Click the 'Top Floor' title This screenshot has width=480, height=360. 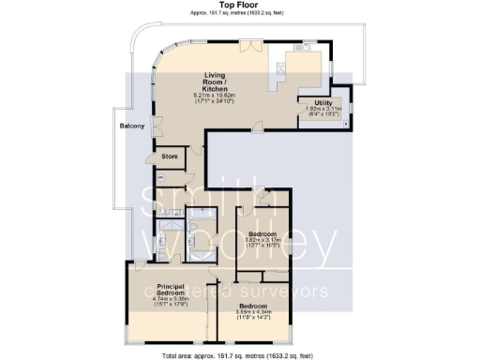pyautogui.click(x=240, y=5)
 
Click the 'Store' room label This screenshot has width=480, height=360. pyautogui.click(x=170, y=156)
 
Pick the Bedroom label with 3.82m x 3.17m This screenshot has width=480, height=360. pyautogui.click(x=262, y=232)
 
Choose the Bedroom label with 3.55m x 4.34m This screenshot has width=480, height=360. pyautogui.click(x=251, y=307)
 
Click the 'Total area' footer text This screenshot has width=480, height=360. pyautogui.click(x=240, y=354)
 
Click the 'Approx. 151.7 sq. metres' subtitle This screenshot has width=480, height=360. pyautogui.click(x=240, y=13)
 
